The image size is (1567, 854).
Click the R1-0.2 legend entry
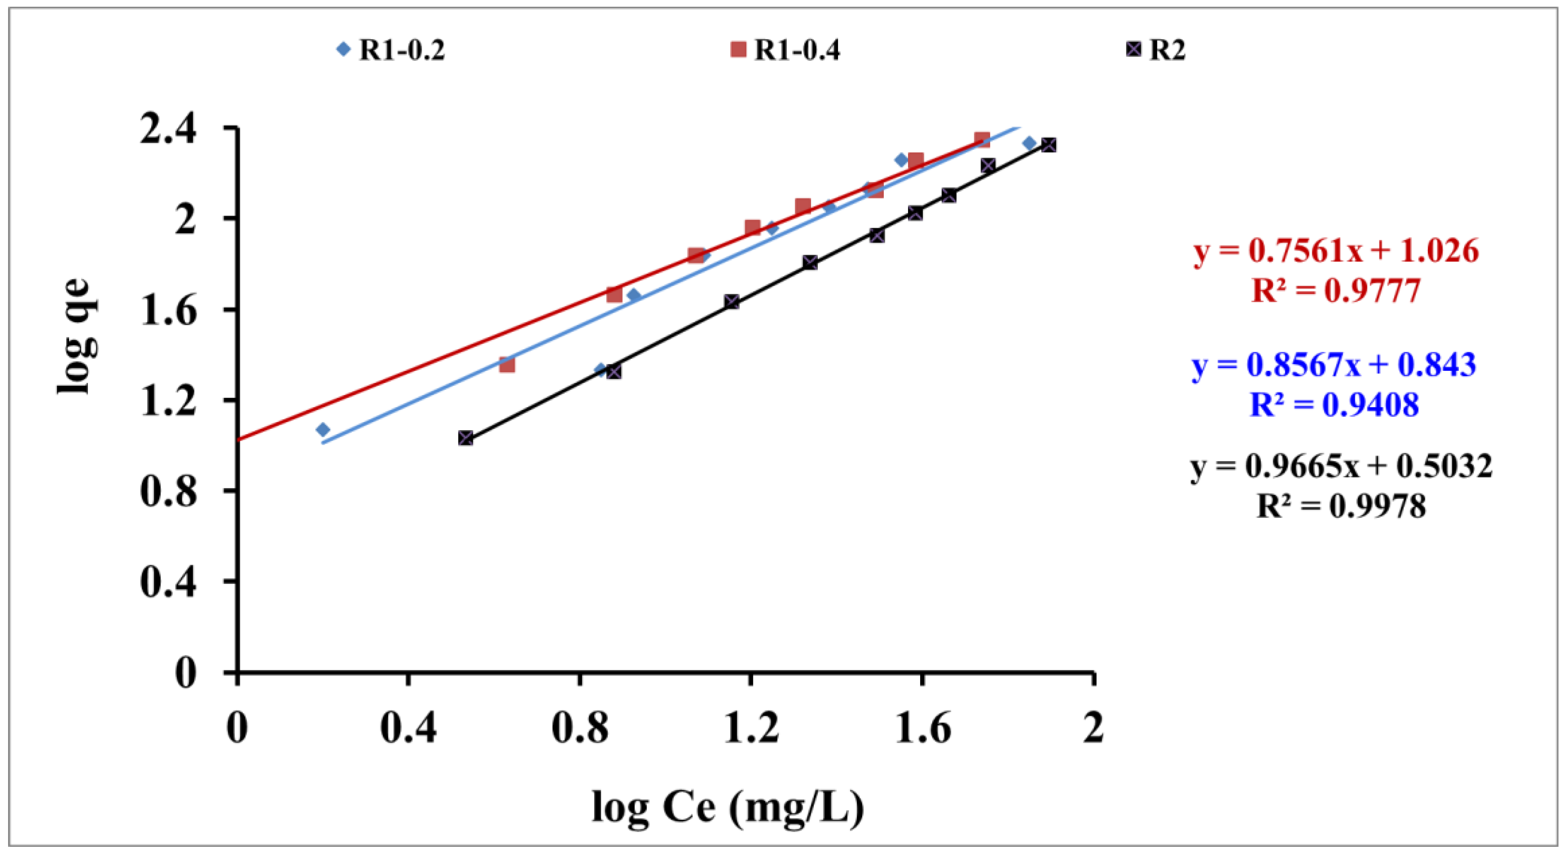[391, 49]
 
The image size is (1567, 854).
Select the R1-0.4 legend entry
[786, 49]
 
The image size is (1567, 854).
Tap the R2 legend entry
[1156, 49]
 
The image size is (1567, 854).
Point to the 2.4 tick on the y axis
[168, 128]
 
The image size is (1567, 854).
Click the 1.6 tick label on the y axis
[168, 310]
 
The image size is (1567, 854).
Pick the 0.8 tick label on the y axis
[168, 491]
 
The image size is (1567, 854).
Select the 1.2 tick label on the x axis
[751, 727]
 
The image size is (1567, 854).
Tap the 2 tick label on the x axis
[1093, 727]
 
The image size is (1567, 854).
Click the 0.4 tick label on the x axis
[408, 727]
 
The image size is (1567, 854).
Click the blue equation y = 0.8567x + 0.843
[1333, 365]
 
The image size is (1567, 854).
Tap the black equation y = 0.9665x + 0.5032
[1341, 466]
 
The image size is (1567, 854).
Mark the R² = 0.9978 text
[1341, 506]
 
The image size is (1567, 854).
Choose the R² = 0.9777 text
[1336, 291]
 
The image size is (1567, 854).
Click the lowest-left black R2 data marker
[466, 438]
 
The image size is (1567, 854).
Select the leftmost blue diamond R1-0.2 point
[323, 430]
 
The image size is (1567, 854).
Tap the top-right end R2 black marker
[1048, 145]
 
